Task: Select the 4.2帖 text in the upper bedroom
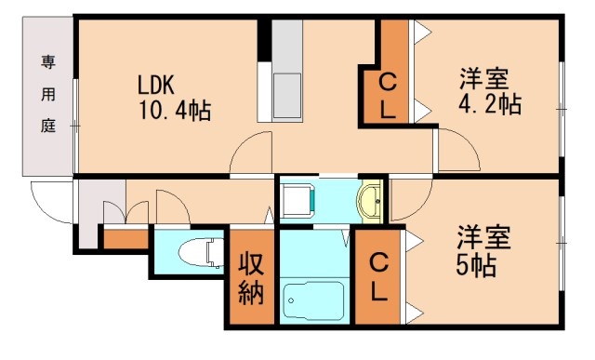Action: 488,104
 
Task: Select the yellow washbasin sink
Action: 371,200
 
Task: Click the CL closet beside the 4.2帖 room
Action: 389,95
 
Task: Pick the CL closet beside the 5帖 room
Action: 377,277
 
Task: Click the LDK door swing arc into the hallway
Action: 251,153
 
